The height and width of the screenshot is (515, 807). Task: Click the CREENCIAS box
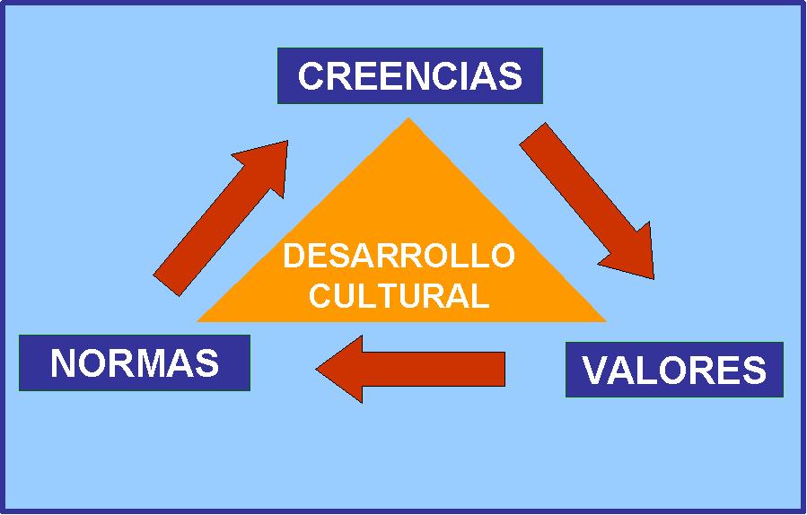[x=409, y=75]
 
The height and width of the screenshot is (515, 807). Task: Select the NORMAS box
[x=134, y=362]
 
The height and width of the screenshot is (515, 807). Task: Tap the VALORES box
[x=674, y=370]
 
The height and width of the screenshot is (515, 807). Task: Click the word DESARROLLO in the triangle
[x=399, y=257]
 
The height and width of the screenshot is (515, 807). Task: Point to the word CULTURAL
[x=399, y=296]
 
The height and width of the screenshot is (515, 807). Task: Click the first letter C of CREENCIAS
[x=311, y=76]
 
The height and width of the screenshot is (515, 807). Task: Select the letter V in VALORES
[x=595, y=371]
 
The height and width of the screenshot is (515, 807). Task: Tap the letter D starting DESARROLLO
[x=294, y=257]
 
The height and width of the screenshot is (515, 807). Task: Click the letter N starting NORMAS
[x=62, y=363]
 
